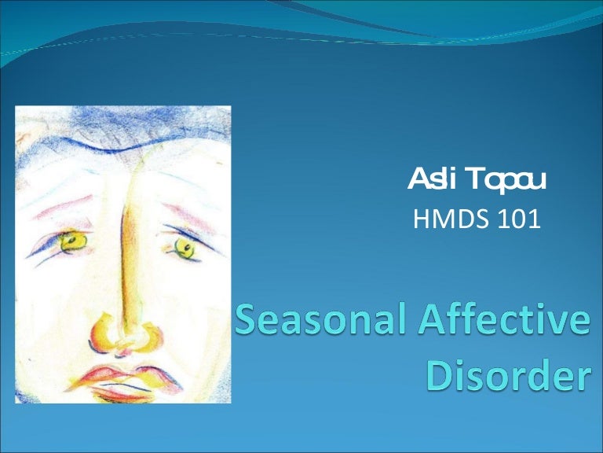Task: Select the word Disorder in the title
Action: click(506, 377)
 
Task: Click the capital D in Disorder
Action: click(440, 377)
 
